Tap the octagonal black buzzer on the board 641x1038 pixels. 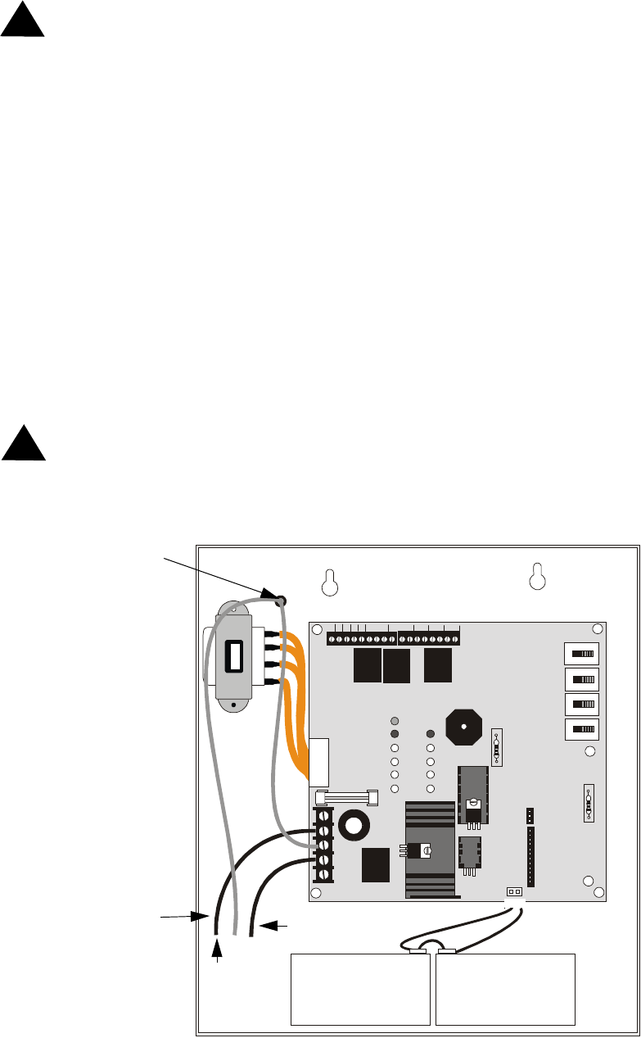(x=463, y=728)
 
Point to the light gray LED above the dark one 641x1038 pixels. (x=394, y=720)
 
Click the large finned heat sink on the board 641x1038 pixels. (x=430, y=850)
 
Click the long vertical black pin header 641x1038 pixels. (x=530, y=856)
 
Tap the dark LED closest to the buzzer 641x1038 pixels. (x=431, y=734)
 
